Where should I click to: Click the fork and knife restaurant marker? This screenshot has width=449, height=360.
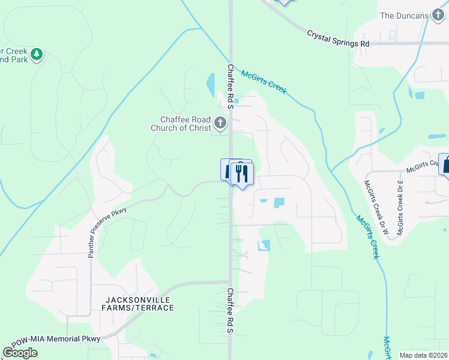(x=241, y=174)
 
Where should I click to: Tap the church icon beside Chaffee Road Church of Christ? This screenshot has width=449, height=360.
(x=220, y=124)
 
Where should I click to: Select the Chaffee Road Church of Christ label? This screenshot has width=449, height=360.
(x=185, y=124)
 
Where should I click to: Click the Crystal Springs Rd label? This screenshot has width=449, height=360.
(x=338, y=39)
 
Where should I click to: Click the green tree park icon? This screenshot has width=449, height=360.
(x=37, y=55)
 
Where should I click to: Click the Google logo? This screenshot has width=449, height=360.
(x=20, y=353)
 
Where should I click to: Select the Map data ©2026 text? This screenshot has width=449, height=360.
(x=423, y=355)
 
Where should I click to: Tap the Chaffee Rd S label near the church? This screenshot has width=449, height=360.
(x=230, y=86)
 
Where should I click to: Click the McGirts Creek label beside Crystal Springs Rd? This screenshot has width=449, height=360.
(x=264, y=82)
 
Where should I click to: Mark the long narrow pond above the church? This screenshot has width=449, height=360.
(x=211, y=85)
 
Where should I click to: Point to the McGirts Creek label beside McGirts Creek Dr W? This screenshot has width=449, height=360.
(x=367, y=237)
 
